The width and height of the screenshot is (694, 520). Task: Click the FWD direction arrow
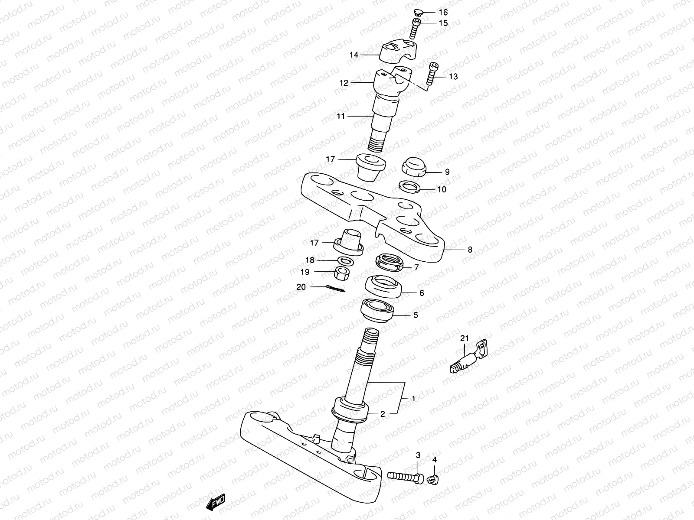point(215,503)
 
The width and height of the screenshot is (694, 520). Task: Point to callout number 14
point(354,55)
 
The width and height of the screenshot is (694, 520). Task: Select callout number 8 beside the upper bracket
point(470,250)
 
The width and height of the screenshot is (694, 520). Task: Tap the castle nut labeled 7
point(389,262)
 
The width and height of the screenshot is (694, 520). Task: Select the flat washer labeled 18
point(344,260)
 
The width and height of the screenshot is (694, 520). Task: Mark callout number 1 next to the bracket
point(413,398)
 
